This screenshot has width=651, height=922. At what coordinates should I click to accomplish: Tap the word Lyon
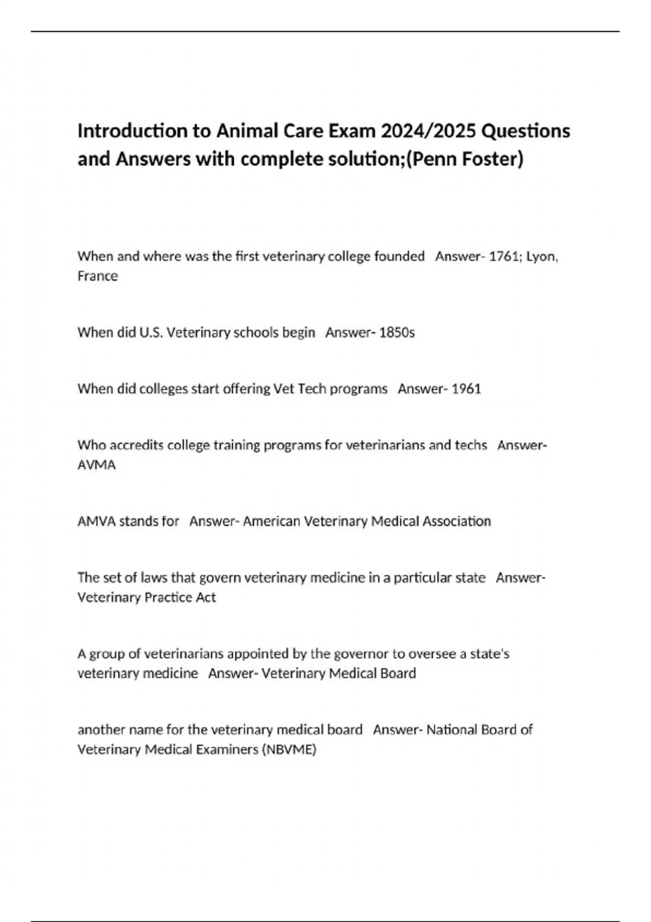pos(542,256)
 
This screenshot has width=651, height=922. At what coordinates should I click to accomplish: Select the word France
pos(98,276)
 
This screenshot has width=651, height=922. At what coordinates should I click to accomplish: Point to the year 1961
pos(466,389)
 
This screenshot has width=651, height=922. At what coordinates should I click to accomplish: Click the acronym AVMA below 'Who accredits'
pos(97,465)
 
